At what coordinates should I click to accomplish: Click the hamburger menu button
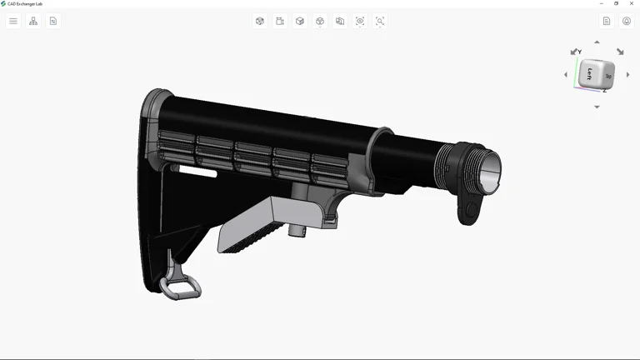tap(13, 21)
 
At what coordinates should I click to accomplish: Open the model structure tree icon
tap(33, 21)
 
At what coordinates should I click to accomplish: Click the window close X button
tap(630, 3)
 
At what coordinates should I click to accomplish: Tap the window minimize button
tap(602, 3)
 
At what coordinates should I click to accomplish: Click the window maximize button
tap(616, 3)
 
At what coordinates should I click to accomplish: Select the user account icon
tap(627, 21)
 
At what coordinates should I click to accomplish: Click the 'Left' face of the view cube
tap(591, 73)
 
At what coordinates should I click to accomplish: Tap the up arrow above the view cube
tap(597, 42)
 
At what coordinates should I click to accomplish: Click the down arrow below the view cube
tap(597, 107)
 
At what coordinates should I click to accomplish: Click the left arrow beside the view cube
tap(566, 75)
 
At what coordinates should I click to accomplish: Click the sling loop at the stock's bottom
tap(181, 284)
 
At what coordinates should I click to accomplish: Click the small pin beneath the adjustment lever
tap(297, 229)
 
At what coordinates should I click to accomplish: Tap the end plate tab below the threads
tap(469, 209)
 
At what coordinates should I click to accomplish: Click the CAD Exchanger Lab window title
tap(25, 3)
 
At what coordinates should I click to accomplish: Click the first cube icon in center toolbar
tap(260, 21)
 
